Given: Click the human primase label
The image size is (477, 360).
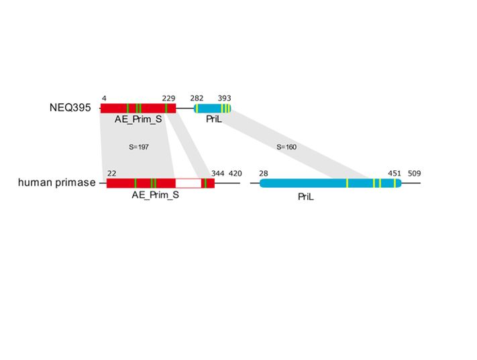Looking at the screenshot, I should (x=56, y=182).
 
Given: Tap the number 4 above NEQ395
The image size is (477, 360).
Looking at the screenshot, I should (x=104, y=98).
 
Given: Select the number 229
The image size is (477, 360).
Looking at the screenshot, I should (x=168, y=98).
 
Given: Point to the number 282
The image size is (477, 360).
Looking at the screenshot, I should (x=197, y=98).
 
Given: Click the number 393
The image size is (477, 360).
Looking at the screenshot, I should (x=224, y=98).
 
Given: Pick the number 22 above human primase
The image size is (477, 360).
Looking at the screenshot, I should (x=111, y=173).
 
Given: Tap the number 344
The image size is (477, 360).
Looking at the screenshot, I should (x=217, y=173).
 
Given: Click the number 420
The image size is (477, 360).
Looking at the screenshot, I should (x=235, y=173).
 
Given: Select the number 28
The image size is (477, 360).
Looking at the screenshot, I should (x=264, y=173).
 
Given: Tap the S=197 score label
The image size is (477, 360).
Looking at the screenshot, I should (x=138, y=146).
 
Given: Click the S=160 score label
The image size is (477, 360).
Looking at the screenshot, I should (x=286, y=146).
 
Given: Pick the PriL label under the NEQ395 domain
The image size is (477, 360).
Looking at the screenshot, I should (x=214, y=119).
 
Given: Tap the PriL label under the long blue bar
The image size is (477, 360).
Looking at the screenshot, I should (x=306, y=197).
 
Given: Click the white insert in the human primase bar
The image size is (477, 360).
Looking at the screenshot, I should (x=188, y=183).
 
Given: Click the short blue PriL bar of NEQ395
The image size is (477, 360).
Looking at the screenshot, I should (x=212, y=108).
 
